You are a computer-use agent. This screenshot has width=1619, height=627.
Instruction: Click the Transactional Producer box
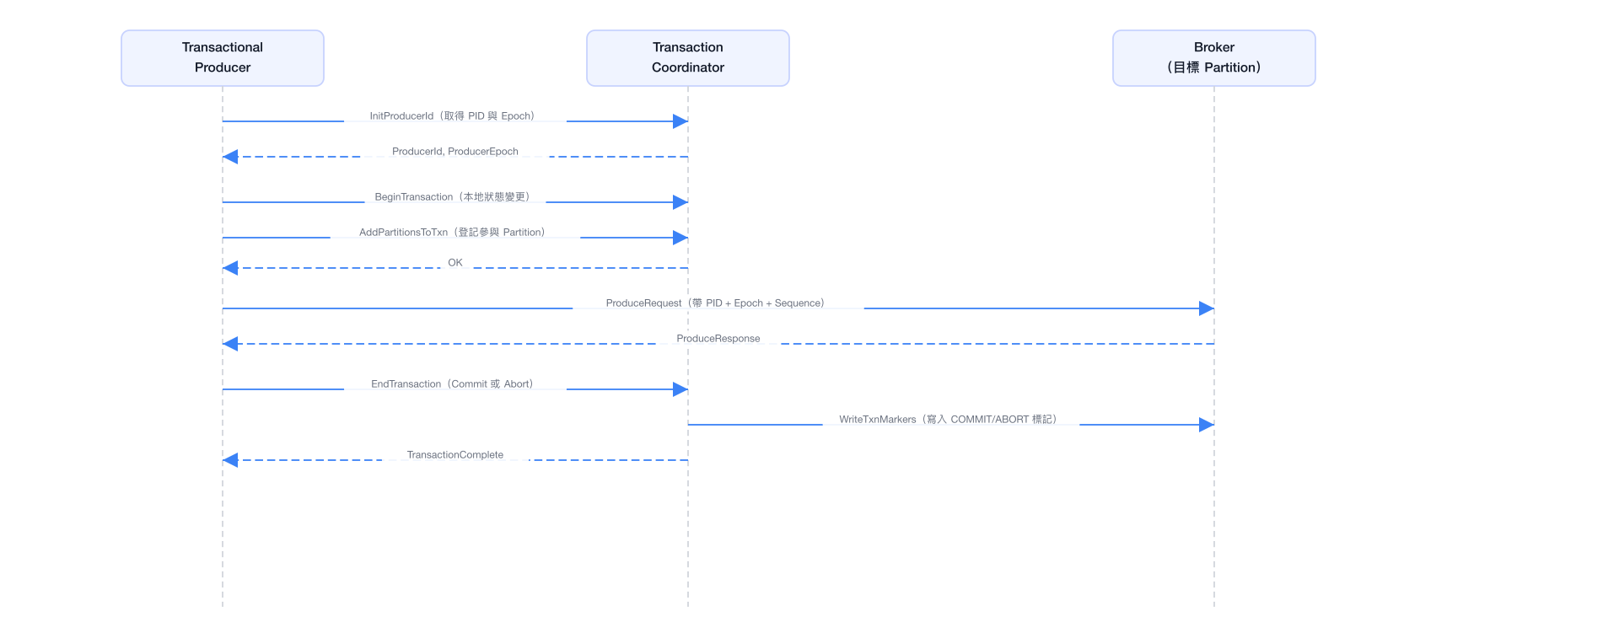pos(223,58)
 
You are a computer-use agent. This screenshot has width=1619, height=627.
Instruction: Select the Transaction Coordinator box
pos(688,58)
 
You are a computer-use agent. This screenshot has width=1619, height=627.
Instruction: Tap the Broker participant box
pos(1214,58)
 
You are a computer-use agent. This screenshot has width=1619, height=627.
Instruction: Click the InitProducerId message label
pos(453,116)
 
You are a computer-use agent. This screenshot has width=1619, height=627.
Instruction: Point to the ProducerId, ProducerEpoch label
pos(455,152)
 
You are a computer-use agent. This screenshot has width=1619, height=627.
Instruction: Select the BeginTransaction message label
pos(453,197)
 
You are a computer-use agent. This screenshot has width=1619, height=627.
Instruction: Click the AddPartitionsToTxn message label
pos(453,233)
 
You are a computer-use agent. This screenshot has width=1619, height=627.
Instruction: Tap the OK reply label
pos(455,263)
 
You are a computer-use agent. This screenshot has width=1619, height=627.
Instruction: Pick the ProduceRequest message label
pos(716,303)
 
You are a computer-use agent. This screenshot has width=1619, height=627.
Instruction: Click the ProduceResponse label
pos(718,339)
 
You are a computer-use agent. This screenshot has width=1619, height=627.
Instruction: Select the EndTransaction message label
pos(453,384)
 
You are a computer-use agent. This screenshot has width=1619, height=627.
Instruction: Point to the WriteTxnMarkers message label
pos(949,420)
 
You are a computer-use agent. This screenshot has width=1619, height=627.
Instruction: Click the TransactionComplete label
pos(455,455)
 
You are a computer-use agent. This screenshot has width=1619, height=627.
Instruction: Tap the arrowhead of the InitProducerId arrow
pos(680,121)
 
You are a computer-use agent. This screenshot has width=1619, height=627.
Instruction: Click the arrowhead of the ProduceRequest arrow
pos(1207,308)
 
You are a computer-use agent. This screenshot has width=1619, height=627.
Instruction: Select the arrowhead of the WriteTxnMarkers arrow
pos(1207,425)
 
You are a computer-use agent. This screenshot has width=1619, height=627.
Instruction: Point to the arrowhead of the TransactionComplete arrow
pos(230,460)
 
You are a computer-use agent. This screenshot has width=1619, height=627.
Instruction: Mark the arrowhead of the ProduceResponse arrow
pos(230,344)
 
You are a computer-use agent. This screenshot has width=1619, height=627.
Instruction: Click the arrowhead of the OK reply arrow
pos(230,268)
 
